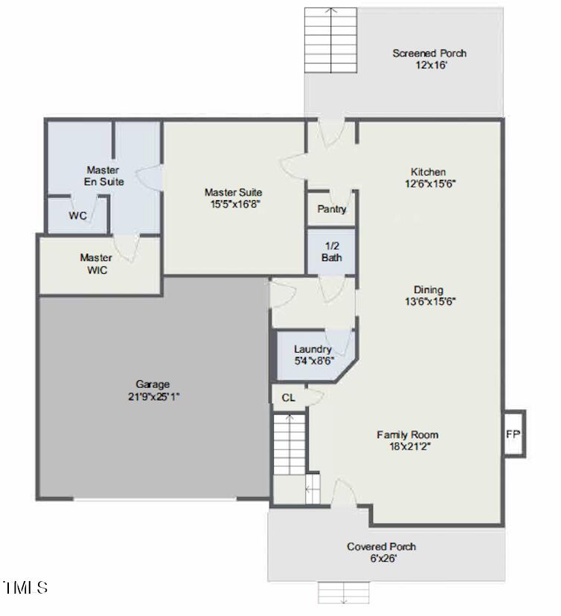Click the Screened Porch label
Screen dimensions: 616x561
(x=429, y=53)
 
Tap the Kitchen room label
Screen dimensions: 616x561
(x=429, y=172)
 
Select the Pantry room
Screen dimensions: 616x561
(x=332, y=209)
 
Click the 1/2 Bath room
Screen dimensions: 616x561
(x=332, y=251)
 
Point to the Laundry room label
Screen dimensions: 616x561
(x=312, y=349)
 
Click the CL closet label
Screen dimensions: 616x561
(x=289, y=398)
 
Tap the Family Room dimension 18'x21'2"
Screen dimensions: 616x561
(x=407, y=447)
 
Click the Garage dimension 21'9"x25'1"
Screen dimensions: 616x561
(x=153, y=397)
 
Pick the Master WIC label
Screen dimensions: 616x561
(x=97, y=264)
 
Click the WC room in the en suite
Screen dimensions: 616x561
(x=78, y=216)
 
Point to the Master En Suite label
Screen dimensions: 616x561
(x=103, y=176)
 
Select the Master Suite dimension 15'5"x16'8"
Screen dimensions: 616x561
(x=233, y=205)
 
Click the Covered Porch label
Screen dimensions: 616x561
(x=381, y=547)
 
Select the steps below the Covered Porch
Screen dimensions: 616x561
(x=343, y=592)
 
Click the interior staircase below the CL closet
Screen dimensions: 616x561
(x=288, y=444)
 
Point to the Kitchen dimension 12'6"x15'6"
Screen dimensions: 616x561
(x=429, y=184)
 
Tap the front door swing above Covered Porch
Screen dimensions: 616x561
(x=343, y=493)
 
